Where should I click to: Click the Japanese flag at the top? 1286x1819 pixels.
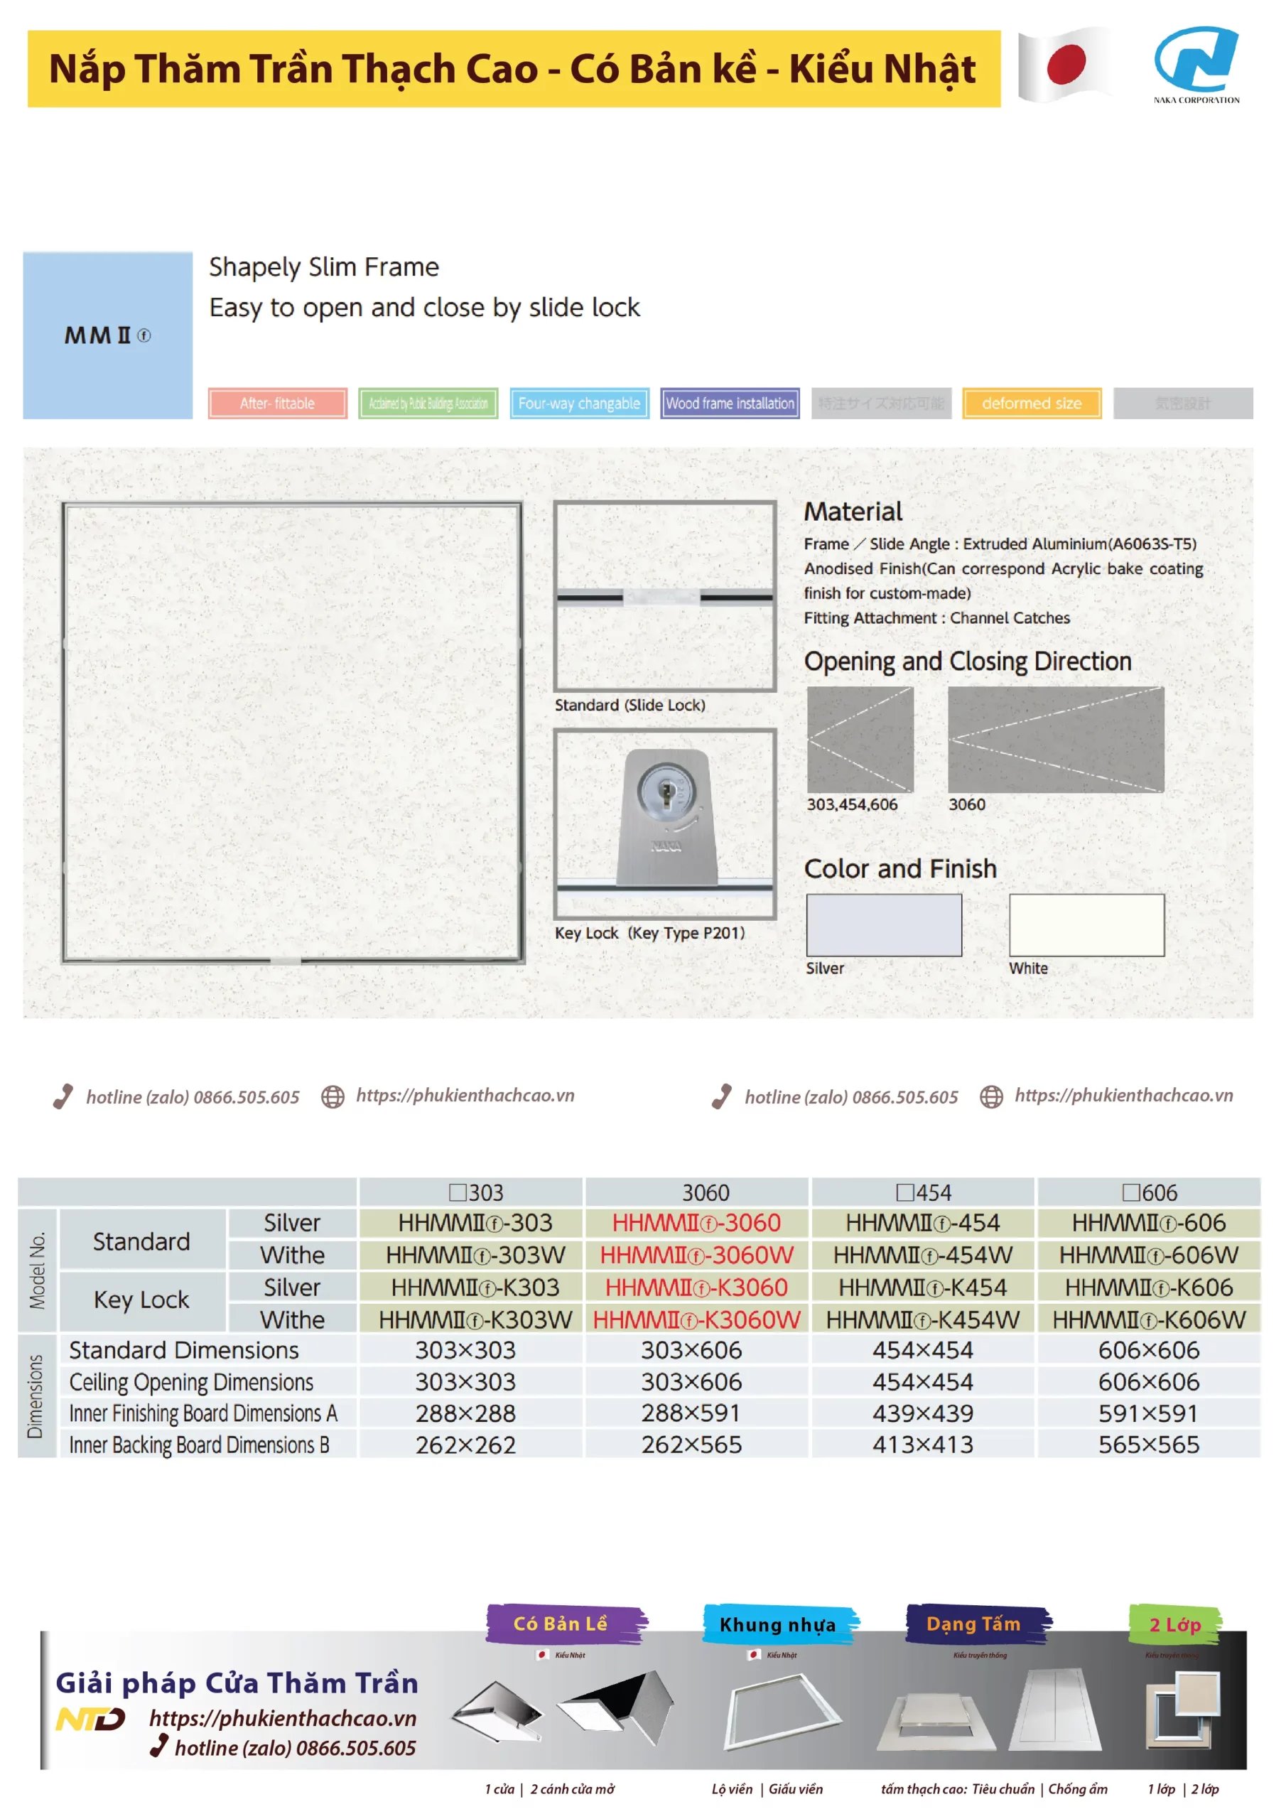click(x=1065, y=65)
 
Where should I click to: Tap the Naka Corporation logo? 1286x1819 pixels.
click(x=1196, y=63)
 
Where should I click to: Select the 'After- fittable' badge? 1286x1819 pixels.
click(x=277, y=404)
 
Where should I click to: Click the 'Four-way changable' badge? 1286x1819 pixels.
click(x=579, y=404)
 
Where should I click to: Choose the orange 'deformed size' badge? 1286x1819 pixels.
click(x=1031, y=404)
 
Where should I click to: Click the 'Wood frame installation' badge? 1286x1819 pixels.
click(x=730, y=404)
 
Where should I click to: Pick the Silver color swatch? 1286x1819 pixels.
click(x=883, y=924)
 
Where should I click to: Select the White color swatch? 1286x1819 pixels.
click(x=1086, y=924)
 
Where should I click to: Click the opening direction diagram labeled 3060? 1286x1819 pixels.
click(x=1055, y=739)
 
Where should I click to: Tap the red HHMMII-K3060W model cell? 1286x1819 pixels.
click(x=696, y=1319)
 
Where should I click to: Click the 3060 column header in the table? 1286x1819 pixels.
click(x=706, y=1192)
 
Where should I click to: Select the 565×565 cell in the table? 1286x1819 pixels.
click(x=1148, y=1445)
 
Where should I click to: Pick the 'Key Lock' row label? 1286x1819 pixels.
click(x=142, y=1300)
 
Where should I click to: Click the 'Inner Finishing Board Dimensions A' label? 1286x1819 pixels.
click(x=202, y=1413)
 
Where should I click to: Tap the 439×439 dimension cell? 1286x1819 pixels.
click(x=922, y=1413)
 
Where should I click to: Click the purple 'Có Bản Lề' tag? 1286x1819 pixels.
click(x=561, y=1624)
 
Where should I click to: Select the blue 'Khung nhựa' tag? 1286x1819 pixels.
click(x=777, y=1625)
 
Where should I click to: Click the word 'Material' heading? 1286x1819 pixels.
click(x=853, y=512)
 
